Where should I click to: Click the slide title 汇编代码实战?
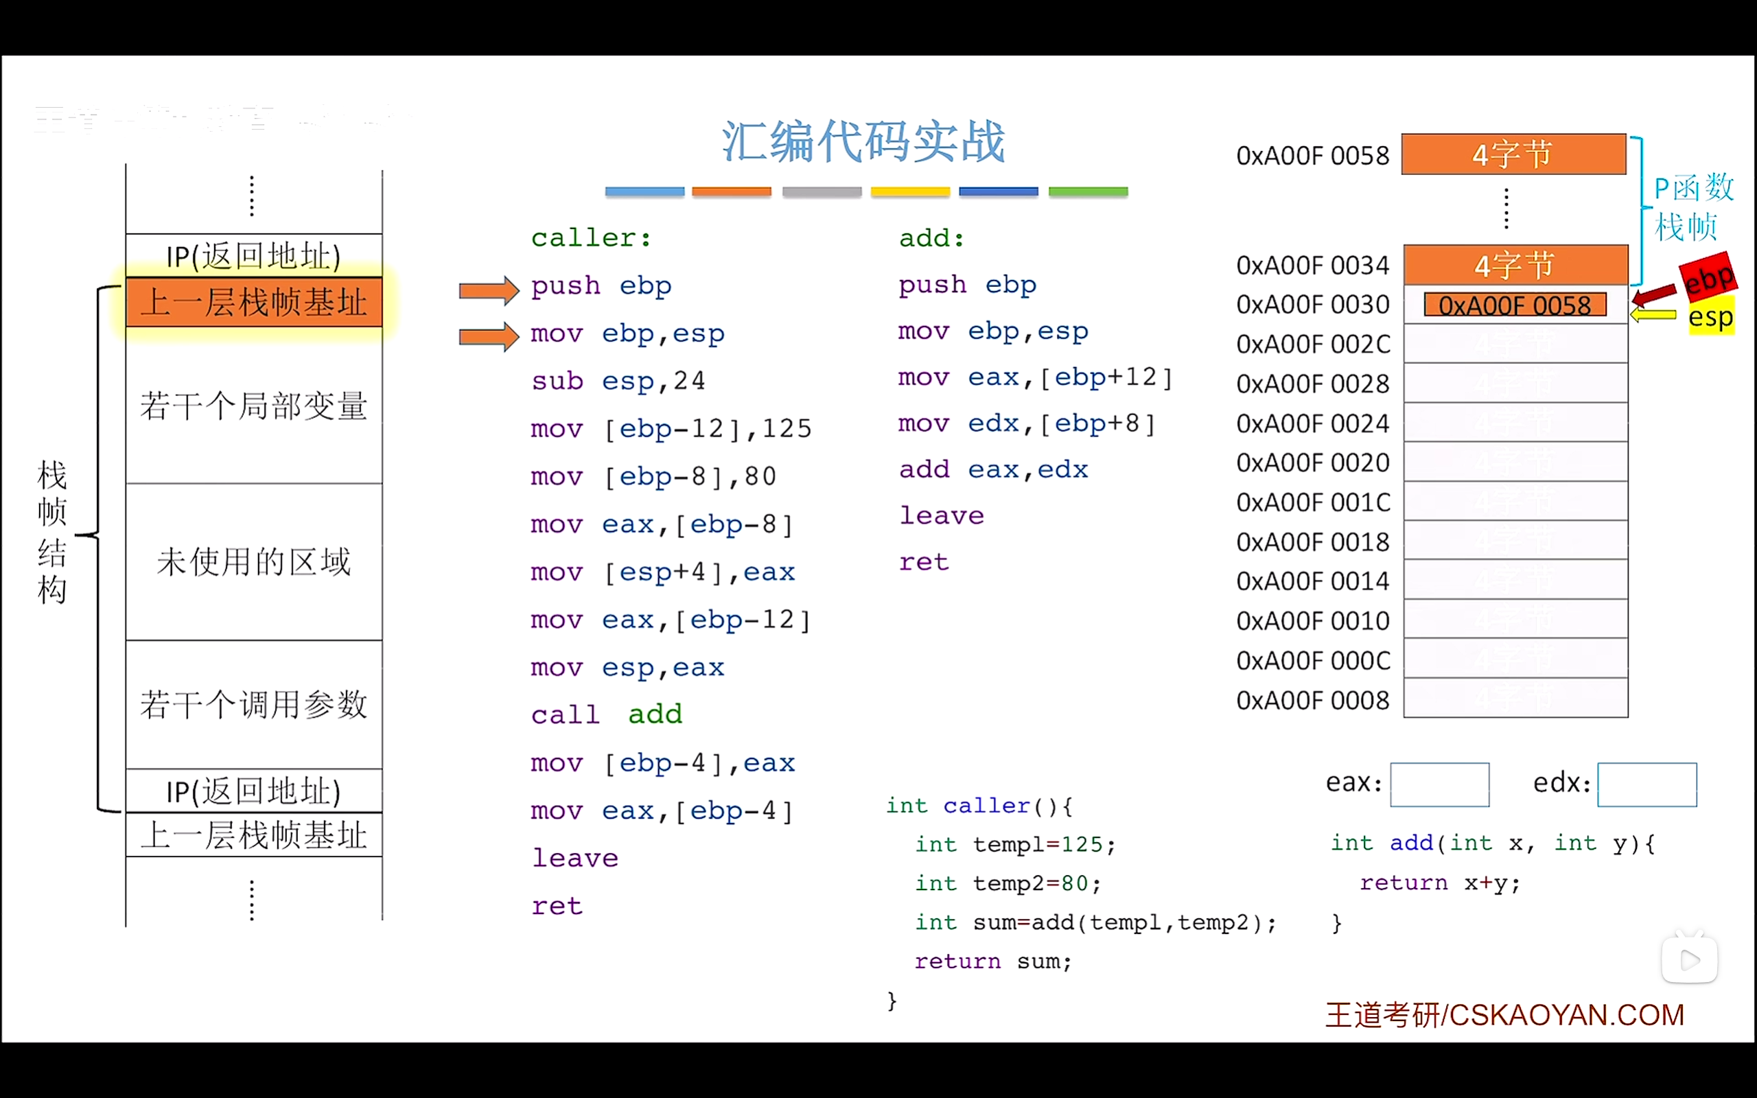click(863, 141)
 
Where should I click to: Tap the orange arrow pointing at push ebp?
click(489, 290)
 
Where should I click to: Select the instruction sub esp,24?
click(618, 380)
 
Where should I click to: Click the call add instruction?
click(606, 714)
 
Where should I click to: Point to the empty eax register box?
click(1439, 784)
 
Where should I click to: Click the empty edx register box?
click(1647, 784)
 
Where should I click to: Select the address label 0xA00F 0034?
click(1312, 266)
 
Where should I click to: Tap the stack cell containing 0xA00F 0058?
click(1515, 305)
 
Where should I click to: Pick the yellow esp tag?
click(1710, 316)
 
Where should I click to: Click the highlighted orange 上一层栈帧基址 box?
click(253, 302)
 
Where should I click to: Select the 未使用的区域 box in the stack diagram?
click(253, 561)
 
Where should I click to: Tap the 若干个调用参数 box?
click(253, 704)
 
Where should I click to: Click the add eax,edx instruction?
click(993, 470)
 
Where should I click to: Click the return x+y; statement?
click(1439, 883)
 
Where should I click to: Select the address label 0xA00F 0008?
click(1312, 700)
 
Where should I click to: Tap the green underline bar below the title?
click(1088, 191)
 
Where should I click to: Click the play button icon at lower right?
click(1689, 960)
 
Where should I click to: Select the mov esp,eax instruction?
click(627, 667)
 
